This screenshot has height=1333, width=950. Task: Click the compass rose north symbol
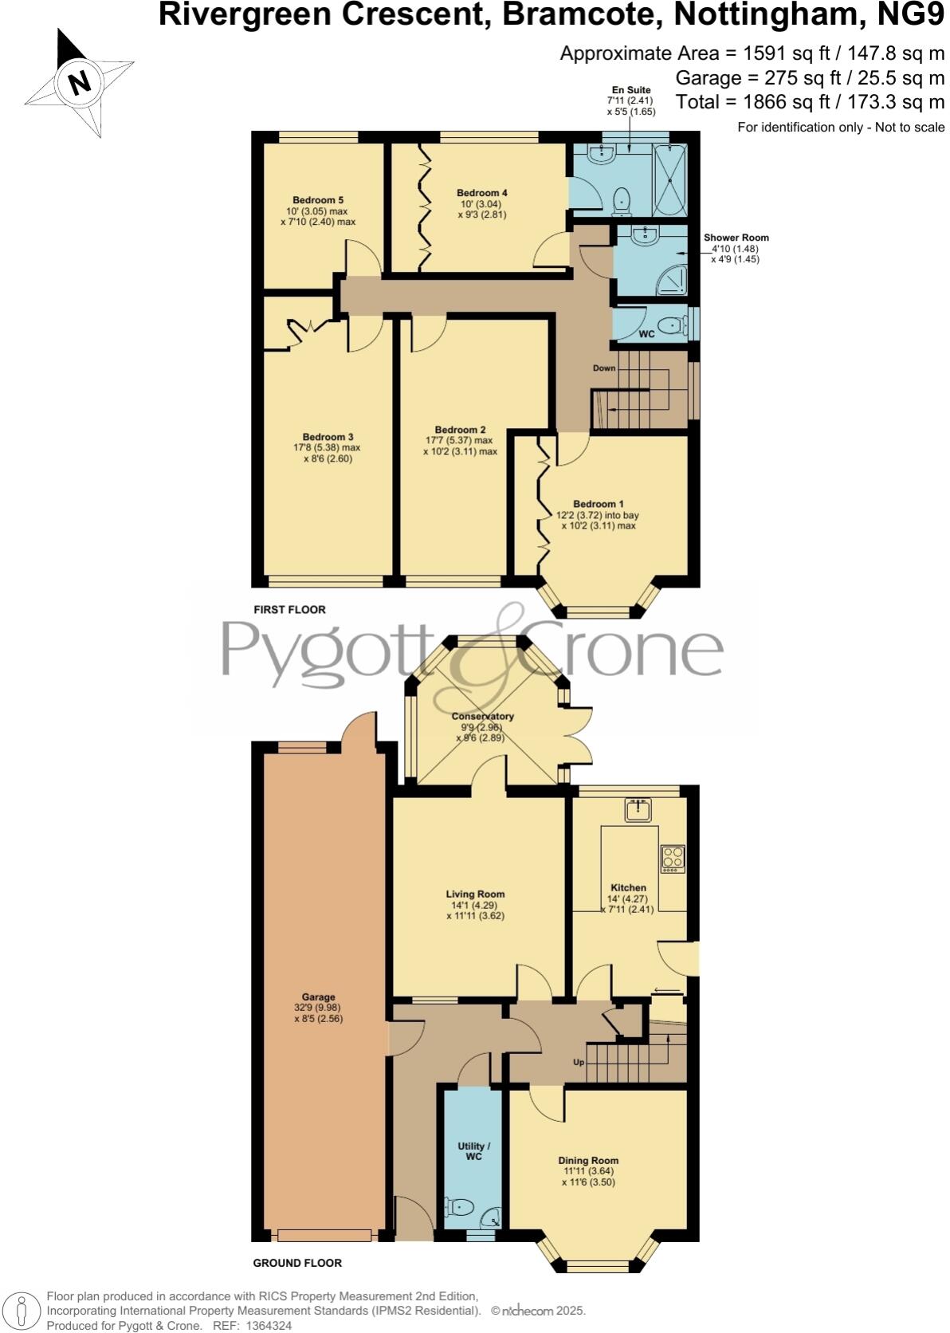pos(78,82)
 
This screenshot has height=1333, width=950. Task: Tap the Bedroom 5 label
pos(318,200)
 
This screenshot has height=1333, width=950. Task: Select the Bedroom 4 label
pos(481,193)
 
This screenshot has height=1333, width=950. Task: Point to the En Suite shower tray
pos(669,180)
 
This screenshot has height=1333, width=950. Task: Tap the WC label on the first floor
pos(646,334)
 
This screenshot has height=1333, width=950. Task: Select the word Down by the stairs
pos(604,368)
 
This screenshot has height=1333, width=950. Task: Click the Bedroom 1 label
pos(598,504)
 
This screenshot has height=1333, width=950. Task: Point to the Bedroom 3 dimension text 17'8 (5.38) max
pos(328,448)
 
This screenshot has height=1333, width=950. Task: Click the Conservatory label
pos(482,716)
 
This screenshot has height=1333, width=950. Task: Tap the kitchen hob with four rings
pos(673,857)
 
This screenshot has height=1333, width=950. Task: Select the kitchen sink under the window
pos(638,810)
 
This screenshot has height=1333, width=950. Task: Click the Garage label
pos(318,997)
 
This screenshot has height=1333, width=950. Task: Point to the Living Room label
pos(475,894)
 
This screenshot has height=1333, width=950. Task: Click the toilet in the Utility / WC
pos(461,1207)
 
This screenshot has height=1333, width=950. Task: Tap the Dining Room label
pos(588,1160)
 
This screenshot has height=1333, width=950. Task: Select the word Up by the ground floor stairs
pos(579,1063)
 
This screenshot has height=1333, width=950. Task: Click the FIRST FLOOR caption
pos(289,610)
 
